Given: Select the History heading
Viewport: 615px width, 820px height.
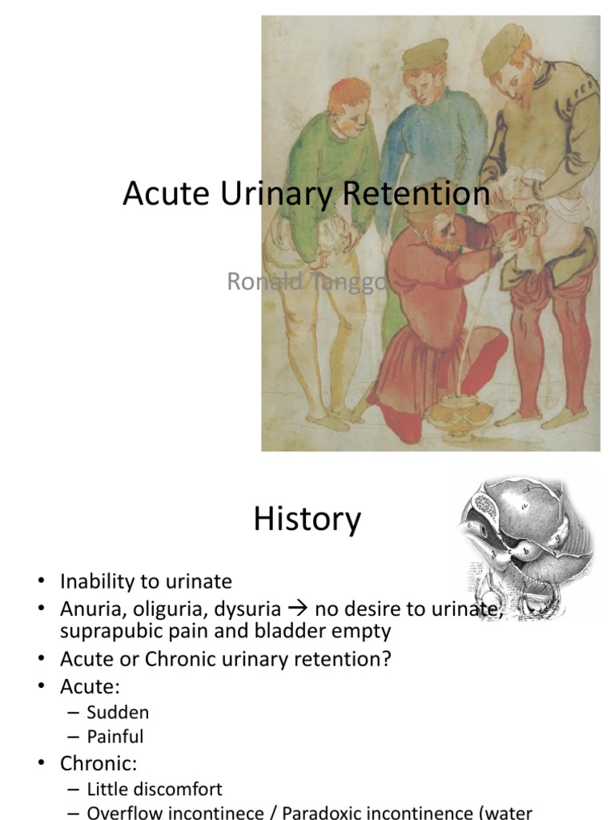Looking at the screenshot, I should point(307,519).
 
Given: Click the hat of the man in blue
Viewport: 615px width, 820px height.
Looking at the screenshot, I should point(424,54).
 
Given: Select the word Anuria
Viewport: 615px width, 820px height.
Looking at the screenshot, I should point(86,609).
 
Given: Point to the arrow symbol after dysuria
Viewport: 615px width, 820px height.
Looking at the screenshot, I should point(296,609).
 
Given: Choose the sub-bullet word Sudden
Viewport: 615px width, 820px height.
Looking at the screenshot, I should point(118,713).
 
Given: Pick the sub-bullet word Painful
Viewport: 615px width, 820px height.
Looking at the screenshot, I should point(115,736).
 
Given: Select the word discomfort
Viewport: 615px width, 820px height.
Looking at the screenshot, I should point(177,790).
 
